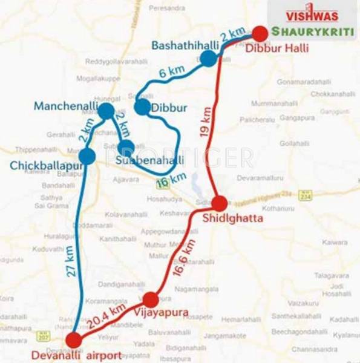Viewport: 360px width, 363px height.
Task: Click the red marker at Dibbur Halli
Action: (x=260, y=33)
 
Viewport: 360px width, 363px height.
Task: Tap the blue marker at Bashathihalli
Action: (x=208, y=58)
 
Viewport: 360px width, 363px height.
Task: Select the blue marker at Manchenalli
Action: (x=106, y=111)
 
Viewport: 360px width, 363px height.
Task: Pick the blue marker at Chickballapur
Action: (x=87, y=157)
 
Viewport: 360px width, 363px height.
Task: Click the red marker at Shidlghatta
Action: (x=219, y=204)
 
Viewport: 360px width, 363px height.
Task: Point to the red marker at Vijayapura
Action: (x=151, y=299)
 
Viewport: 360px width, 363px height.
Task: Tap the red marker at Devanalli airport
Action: (x=74, y=339)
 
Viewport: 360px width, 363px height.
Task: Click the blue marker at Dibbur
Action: (x=142, y=108)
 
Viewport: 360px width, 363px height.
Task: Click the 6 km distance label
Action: (x=171, y=71)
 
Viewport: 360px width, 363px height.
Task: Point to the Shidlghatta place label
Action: (x=234, y=218)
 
